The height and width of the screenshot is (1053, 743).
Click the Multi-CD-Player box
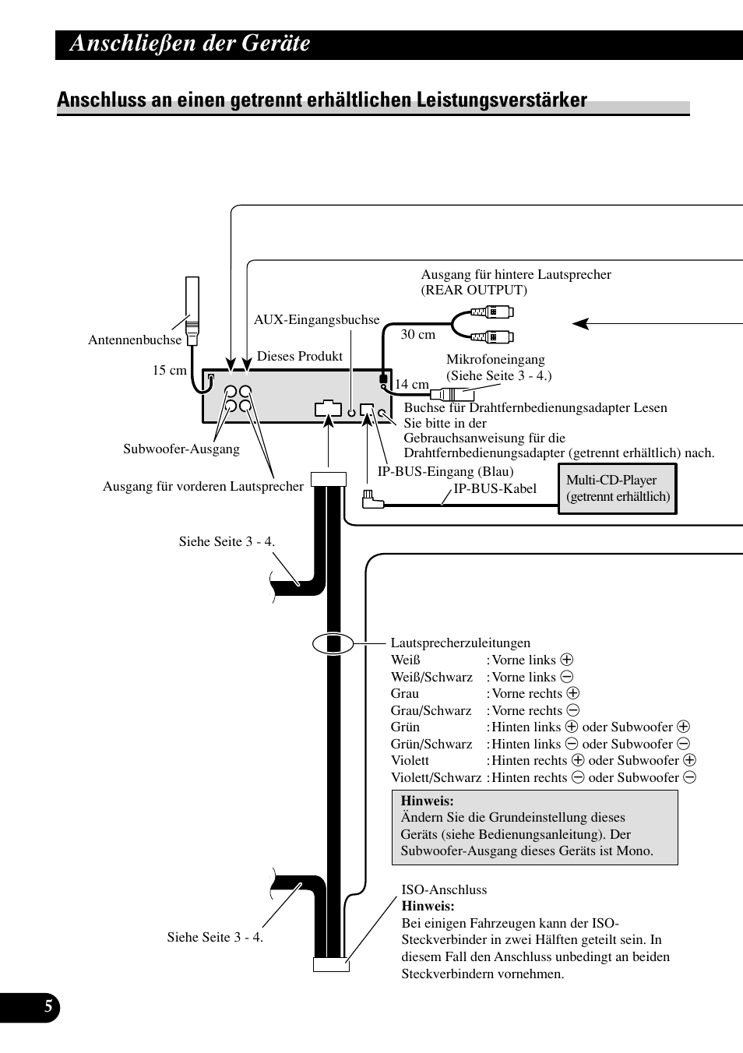tap(618, 488)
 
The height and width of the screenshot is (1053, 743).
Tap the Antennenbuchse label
tap(135, 340)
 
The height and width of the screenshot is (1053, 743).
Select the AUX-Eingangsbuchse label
tap(316, 319)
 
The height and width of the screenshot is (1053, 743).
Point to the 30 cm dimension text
tap(417, 334)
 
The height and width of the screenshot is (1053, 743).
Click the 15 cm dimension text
tap(169, 370)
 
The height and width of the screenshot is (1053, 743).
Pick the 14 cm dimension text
tap(411, 384)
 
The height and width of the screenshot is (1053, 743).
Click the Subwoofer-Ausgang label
tap(181, 449)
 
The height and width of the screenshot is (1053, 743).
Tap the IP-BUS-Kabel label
tap(495, 488)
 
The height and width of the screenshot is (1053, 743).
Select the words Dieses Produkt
tap(300, 356)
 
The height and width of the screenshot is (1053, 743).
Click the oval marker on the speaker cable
tap(333, 643)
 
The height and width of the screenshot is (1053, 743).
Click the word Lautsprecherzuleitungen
tap(460, 643)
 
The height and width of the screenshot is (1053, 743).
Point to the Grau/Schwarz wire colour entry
tap(431, 710)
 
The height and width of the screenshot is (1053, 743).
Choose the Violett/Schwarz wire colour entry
tap(436, 777)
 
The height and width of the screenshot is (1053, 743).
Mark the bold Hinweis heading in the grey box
tap(427, 801)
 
